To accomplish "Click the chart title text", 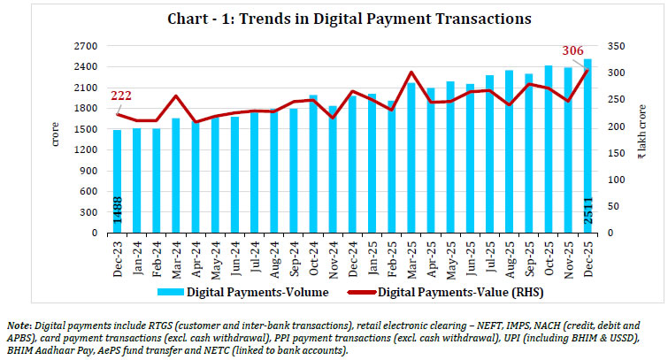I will coord(334,19).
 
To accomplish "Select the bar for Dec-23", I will coord(117,181).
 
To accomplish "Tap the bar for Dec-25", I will coord(587,146).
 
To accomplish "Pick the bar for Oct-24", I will coord(312,164).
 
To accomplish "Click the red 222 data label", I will coord(121,96).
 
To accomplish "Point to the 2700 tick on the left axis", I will coord(84,45).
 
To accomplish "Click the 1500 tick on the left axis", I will coord(84,129).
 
